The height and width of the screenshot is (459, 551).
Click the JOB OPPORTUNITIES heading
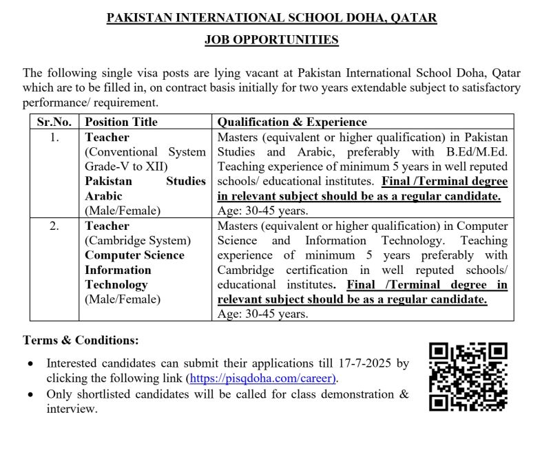click(x=271, y=40)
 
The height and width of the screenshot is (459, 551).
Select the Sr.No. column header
click(x=54, y=122)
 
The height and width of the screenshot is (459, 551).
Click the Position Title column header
click(x=121, y=122)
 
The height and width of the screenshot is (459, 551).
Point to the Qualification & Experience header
click(x=292, y=122)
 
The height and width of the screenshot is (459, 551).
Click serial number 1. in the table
click(x=54, y=137)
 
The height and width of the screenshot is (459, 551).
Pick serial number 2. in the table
click(x=54, y=226)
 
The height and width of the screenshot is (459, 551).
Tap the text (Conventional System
click(x=145, y=151)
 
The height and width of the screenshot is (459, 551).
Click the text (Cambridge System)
click(x=138, y=241)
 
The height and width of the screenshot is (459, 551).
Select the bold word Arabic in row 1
click(x=103, y=196)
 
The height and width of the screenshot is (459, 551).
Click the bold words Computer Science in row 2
click(x=135, y=255)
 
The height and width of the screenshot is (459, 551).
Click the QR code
click(x=468, y=377)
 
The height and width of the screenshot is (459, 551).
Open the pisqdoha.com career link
click(x=262, y=378)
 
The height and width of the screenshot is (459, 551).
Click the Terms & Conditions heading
click(x=81, y=340)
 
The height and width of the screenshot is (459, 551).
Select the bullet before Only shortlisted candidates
click(x=29, y=395)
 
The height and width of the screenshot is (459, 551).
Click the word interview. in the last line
click(x=72, y=409)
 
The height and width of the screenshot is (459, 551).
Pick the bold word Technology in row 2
click(x=116, y=285)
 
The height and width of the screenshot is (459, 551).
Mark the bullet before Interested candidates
click(x=29, y=364)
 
